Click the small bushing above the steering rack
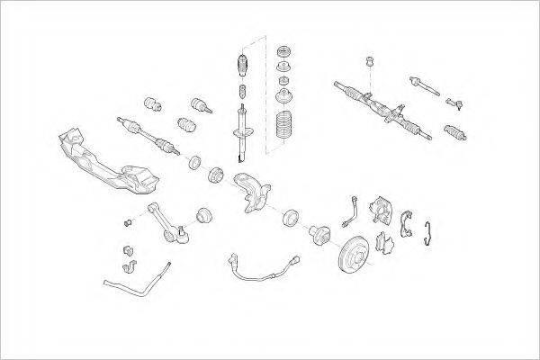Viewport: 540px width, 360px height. [369, 63]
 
